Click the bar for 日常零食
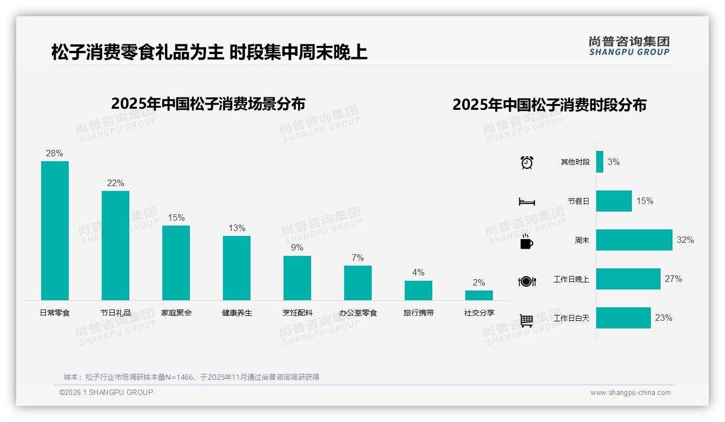click(x=55, y=230)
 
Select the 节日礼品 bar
click(x=115, y=246)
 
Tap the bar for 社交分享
click(x=479, y=295)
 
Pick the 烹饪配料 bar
click(x=297, y=278)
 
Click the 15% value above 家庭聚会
click(x=176, y=218)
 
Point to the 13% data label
click(x=236, y=228)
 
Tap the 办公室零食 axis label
click(x=358, y=313)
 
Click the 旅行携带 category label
click(x=418, y=313)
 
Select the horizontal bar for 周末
click(x=634, y=240)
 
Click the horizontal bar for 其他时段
click(x=599, y=162)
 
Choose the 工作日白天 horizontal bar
click(x=623, y=318)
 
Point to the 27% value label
click(x=673, y=279)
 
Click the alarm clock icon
click(x=526, y=162)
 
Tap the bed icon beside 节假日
click(x=526, y=202)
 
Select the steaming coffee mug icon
click(x=526, y=241)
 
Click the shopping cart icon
click(x=526, y=320)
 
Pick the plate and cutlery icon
click(x=526, y=281)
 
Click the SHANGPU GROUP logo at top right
click(x=629, y=46)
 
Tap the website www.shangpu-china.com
click(x=630, y=393)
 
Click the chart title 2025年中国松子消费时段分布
click(x=549, y=105)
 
